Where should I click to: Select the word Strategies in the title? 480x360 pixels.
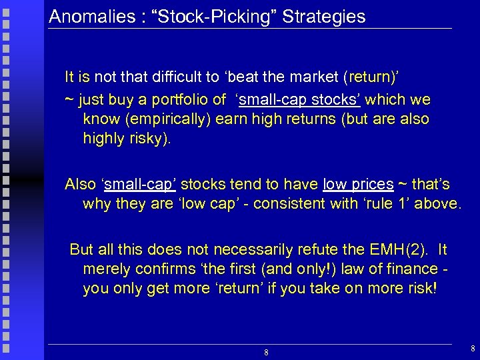coord(324,16)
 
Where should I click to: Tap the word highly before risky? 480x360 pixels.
coord(104,139)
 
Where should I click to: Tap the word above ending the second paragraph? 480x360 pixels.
coord(437,203)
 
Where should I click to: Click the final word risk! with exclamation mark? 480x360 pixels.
coord(420,289)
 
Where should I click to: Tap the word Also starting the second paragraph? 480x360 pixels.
coord(81,184)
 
